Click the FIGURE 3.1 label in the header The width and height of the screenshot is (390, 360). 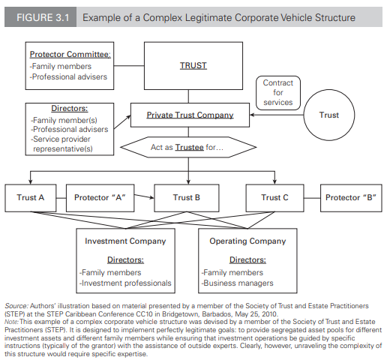43,17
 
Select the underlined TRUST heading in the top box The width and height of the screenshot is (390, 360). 193,65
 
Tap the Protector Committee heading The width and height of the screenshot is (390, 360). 70,54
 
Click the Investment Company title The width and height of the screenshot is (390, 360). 125,241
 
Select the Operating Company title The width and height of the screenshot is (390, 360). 247,241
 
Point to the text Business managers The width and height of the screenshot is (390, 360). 238,283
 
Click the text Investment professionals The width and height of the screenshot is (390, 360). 125,283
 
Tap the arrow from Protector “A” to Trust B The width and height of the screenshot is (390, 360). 144,196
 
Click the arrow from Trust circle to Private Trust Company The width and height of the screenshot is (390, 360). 277,115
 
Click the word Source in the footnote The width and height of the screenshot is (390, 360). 16,306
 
